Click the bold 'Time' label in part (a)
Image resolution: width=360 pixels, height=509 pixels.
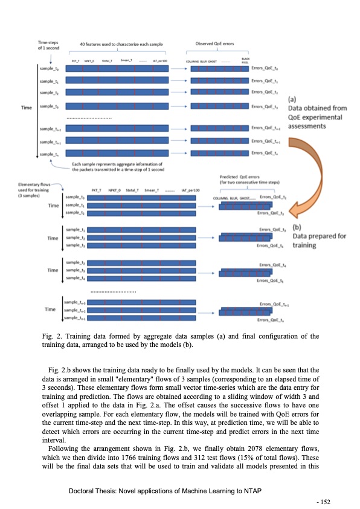[x=27, y=107]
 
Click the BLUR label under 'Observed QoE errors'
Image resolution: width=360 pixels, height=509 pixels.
[x=212, y=62]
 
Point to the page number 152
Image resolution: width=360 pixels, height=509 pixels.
[x=327, y=501]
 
